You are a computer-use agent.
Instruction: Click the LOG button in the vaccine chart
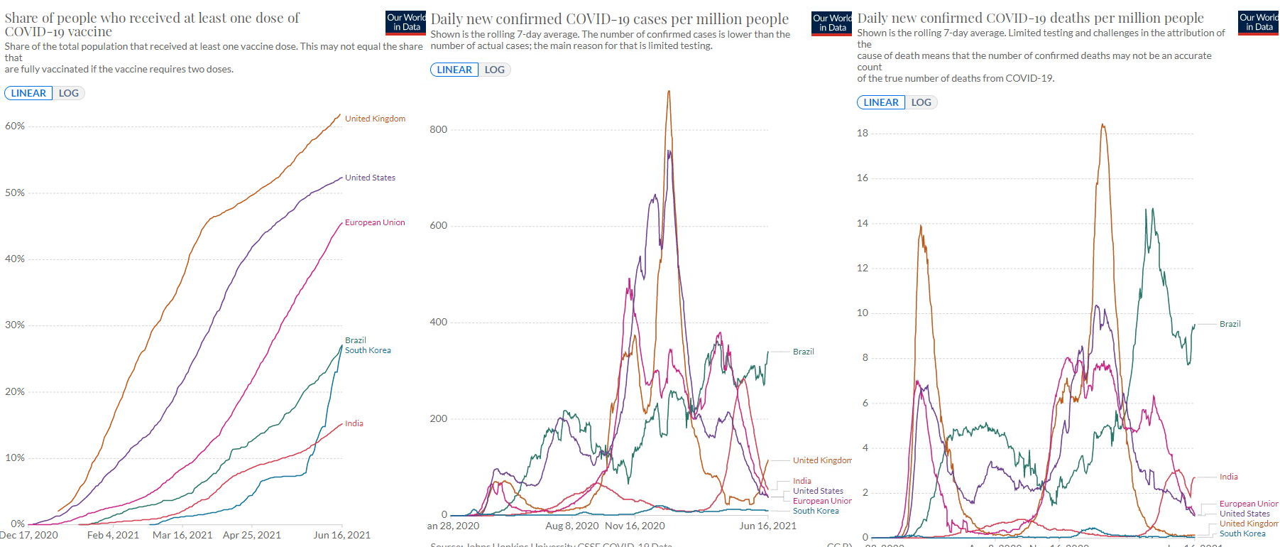69,93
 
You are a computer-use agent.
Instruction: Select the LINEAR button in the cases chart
454,70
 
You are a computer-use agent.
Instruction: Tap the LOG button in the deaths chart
921,102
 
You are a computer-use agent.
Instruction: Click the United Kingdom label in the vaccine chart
375,119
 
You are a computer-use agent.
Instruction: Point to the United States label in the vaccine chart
370,178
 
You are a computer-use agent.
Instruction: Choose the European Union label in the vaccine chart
375,222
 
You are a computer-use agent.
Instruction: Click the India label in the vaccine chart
354,423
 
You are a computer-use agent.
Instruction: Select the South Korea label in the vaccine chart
368,350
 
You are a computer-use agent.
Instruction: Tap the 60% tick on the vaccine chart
15,126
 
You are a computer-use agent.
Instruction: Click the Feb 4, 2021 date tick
113,535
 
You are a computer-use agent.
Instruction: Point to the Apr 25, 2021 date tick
251,535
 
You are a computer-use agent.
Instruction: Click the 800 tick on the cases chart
439,129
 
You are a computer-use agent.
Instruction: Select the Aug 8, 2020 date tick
572,526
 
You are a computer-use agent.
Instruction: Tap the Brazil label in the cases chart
803,352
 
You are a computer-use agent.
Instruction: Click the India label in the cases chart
802,481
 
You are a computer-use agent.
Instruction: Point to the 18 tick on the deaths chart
863,134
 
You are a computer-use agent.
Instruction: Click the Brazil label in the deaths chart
1230,324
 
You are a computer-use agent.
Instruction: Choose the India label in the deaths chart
1228,477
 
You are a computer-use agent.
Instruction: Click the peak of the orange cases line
669,91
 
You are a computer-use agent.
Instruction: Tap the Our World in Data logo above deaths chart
1258,22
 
